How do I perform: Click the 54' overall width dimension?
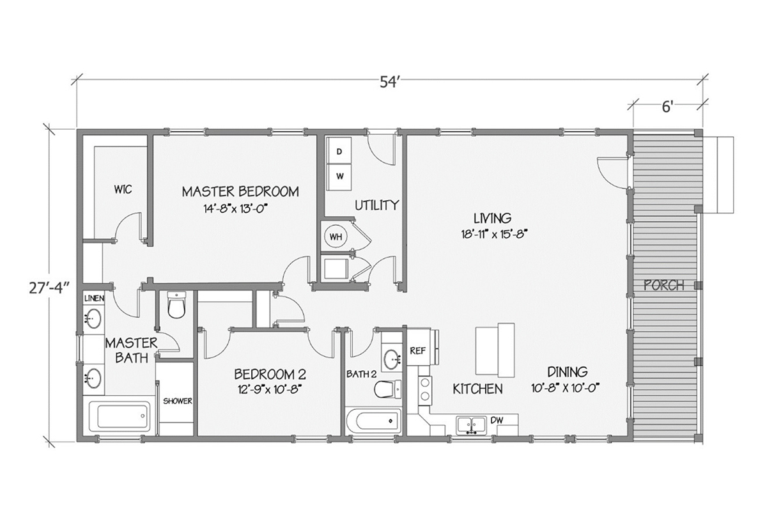click(x=390, y=82)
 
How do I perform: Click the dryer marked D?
click(x=339, y=151)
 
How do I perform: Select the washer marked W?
click(x=339, y=177)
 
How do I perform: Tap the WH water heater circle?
click(x=336, y=237)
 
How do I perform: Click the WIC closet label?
click(x=123, y=189)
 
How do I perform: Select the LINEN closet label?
click(x=94, y=299)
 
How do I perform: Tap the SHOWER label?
click(x=178, y=401)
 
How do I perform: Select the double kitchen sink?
click(x=471, y=425)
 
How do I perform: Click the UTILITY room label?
click(x=377, y=205)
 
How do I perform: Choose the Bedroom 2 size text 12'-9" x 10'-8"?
click(x=270, y=389)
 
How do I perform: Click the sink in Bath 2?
click(x=391, y=359)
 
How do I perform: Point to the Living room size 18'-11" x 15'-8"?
click(x=493, y=234)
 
